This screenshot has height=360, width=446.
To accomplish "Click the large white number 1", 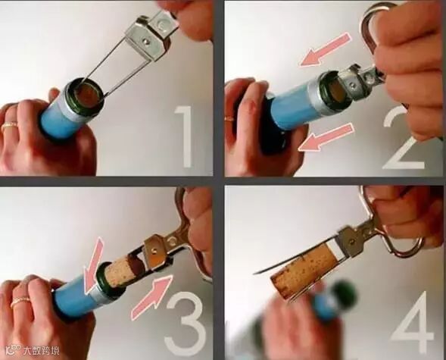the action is [x=184, y=136].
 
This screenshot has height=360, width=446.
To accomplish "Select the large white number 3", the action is [x=185, y=323].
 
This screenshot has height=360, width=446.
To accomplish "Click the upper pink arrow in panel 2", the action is [x=324, y=50].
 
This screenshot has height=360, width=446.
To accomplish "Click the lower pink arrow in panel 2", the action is [x=326, y=137].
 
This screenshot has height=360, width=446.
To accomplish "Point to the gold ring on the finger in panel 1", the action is [x=10, y=125].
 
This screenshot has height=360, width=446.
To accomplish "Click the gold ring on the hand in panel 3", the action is [x=20, y=301].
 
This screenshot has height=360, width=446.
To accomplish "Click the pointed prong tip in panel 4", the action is [x=254, y=274].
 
